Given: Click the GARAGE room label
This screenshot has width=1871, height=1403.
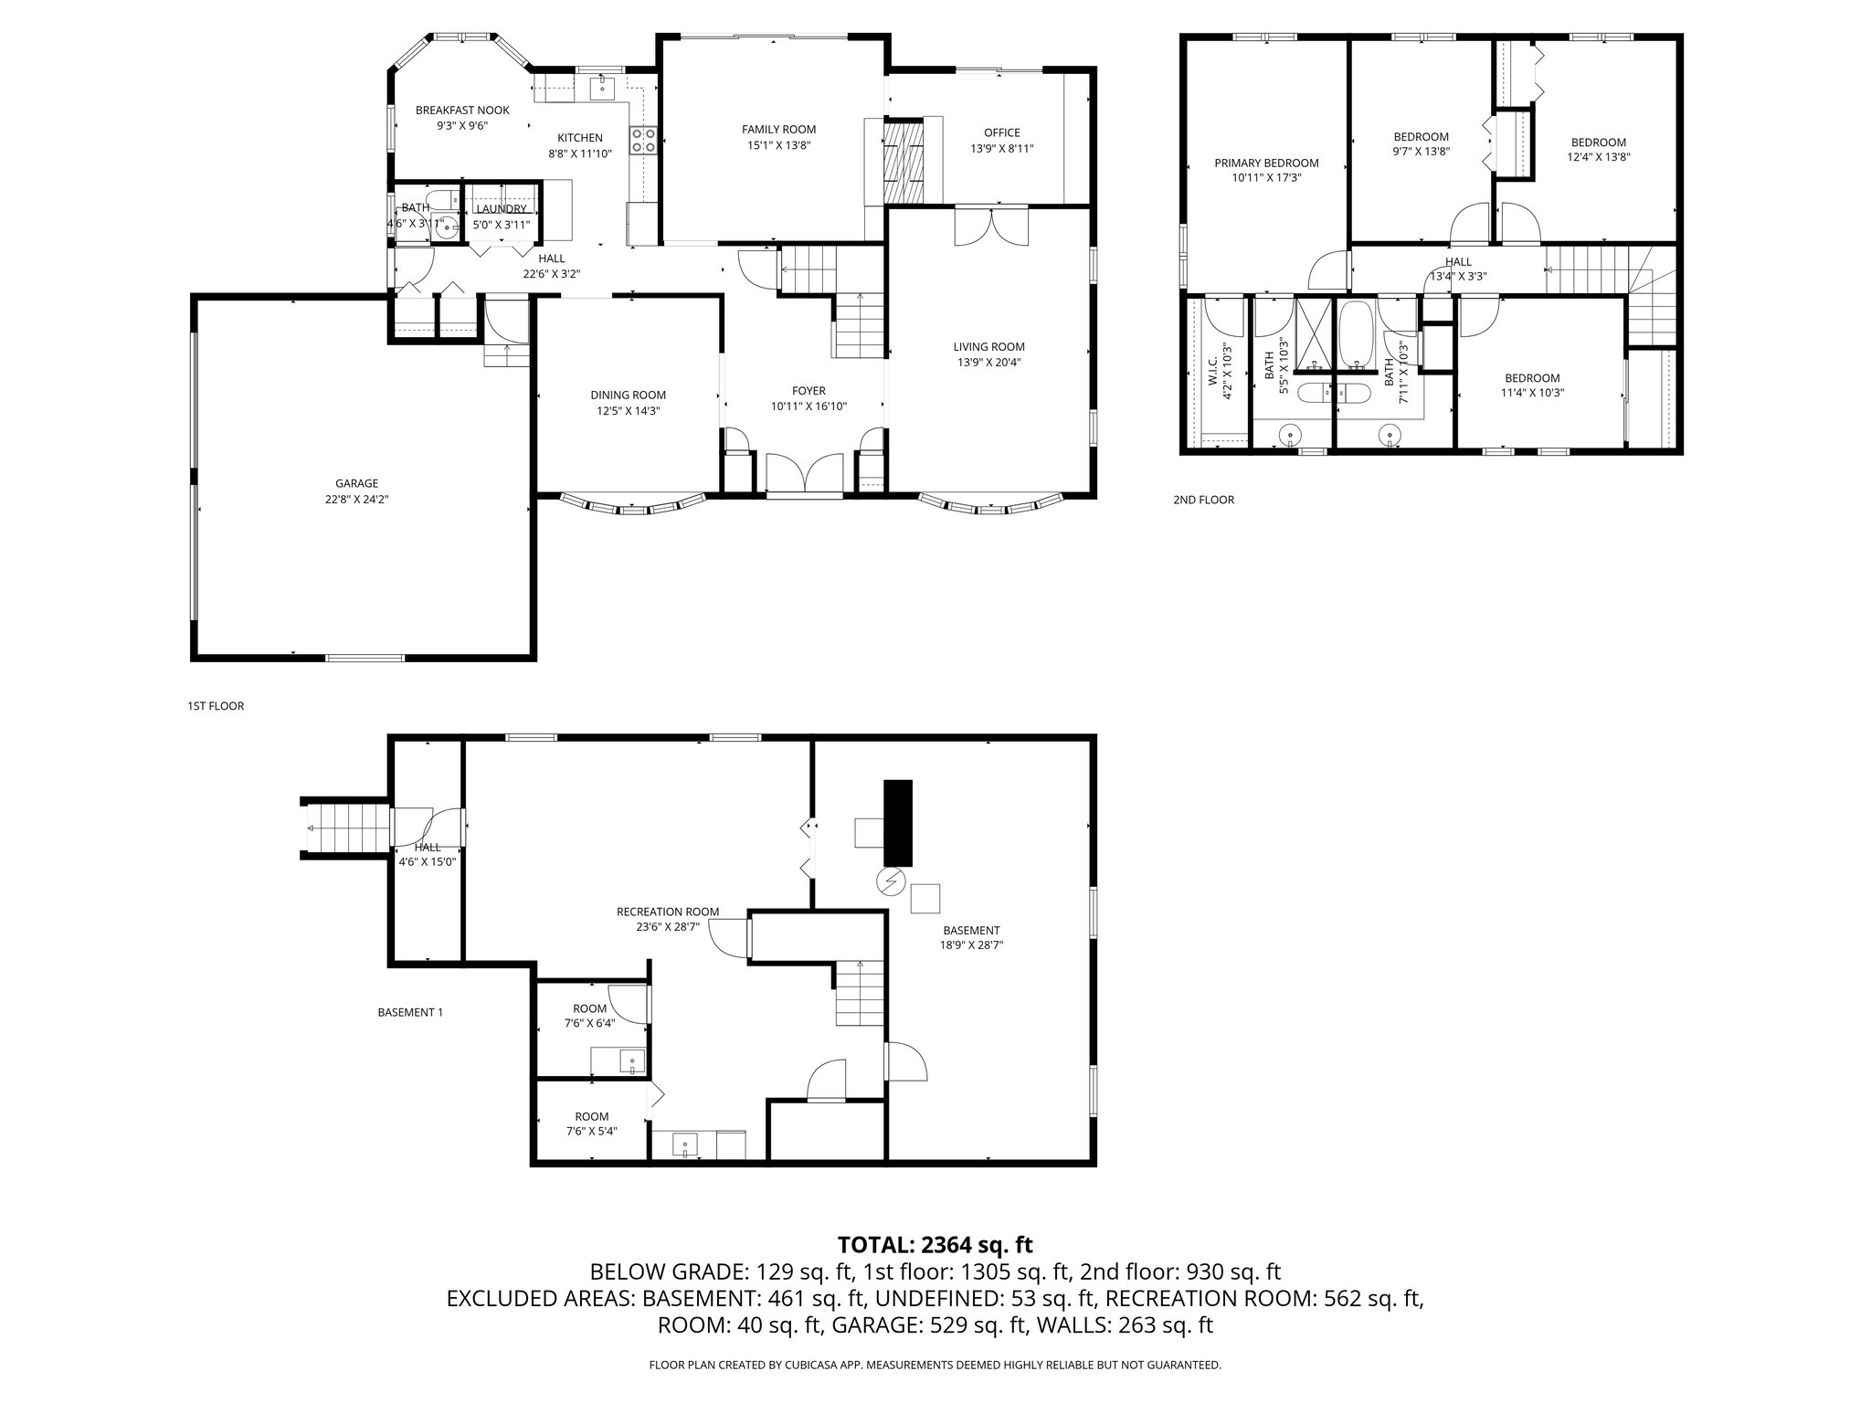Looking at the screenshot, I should tap(356, 483).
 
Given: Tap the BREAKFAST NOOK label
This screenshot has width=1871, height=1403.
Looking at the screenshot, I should tap(462, 111).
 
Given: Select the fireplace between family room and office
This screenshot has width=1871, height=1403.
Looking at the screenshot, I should tap(903, 162).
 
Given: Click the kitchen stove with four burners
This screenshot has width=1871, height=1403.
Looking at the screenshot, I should tap(644, 139).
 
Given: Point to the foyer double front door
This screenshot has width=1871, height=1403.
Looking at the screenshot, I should tap(804, 475).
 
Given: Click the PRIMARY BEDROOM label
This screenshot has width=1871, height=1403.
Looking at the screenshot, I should tap(1266, 164).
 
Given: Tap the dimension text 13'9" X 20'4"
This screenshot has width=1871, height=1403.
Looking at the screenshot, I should tap(988, 362).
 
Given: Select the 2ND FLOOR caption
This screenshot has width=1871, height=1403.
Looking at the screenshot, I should tap(1203, 500).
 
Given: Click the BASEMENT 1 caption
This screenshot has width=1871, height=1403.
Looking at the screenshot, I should tap(410, 1012).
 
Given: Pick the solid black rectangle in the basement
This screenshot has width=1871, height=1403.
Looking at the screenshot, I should tap(897, 822).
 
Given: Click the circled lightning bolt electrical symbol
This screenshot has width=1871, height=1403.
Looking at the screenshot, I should tap(889, 881).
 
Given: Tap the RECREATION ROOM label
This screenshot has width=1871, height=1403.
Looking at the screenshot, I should tap(667, 912).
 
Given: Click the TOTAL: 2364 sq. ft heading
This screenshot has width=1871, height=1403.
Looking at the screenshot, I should tap(935, 1244).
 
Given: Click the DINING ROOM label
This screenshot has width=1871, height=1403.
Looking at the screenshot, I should tap(628, 396).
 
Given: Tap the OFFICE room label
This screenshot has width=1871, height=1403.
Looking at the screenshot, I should tap(1001, 132).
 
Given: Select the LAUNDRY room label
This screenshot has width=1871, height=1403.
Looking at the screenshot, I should tap(501, 209).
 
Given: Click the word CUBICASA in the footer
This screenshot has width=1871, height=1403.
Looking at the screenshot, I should tap(801, 1365).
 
